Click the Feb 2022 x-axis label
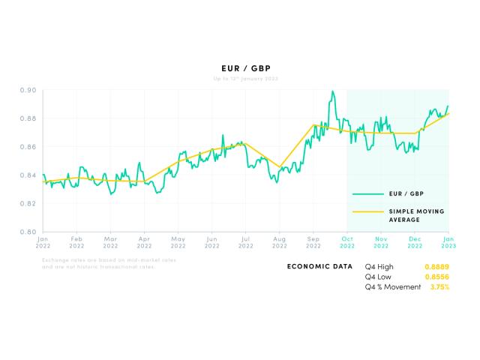pos(76,242)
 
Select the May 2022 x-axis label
pos(178,242)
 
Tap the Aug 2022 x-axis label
pos(279,242)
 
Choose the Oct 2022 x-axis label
pos(347,242)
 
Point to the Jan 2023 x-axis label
pos(448,242)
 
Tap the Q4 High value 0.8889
pos(436,266)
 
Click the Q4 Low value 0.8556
pos(436,277)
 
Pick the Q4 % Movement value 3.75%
pos(439,286)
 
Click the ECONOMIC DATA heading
pos(319,266)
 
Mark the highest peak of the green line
pos(332,91)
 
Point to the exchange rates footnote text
pos(109,263)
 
